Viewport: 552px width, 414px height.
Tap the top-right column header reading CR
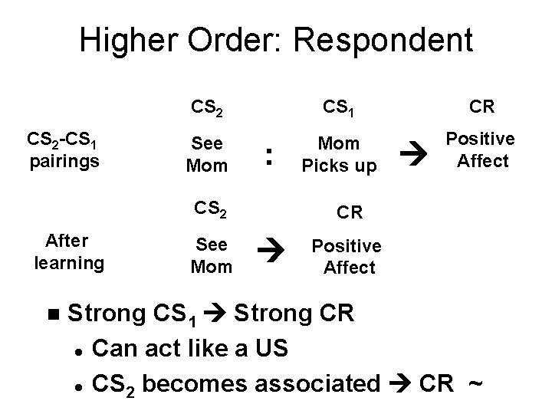pos(481,107)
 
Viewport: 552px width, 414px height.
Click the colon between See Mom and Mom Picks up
pos(269,156)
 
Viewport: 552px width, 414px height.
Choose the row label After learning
pos(69,252)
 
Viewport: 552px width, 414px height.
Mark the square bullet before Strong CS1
pos(52,314)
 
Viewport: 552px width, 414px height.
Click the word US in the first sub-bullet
pos(271,350)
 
